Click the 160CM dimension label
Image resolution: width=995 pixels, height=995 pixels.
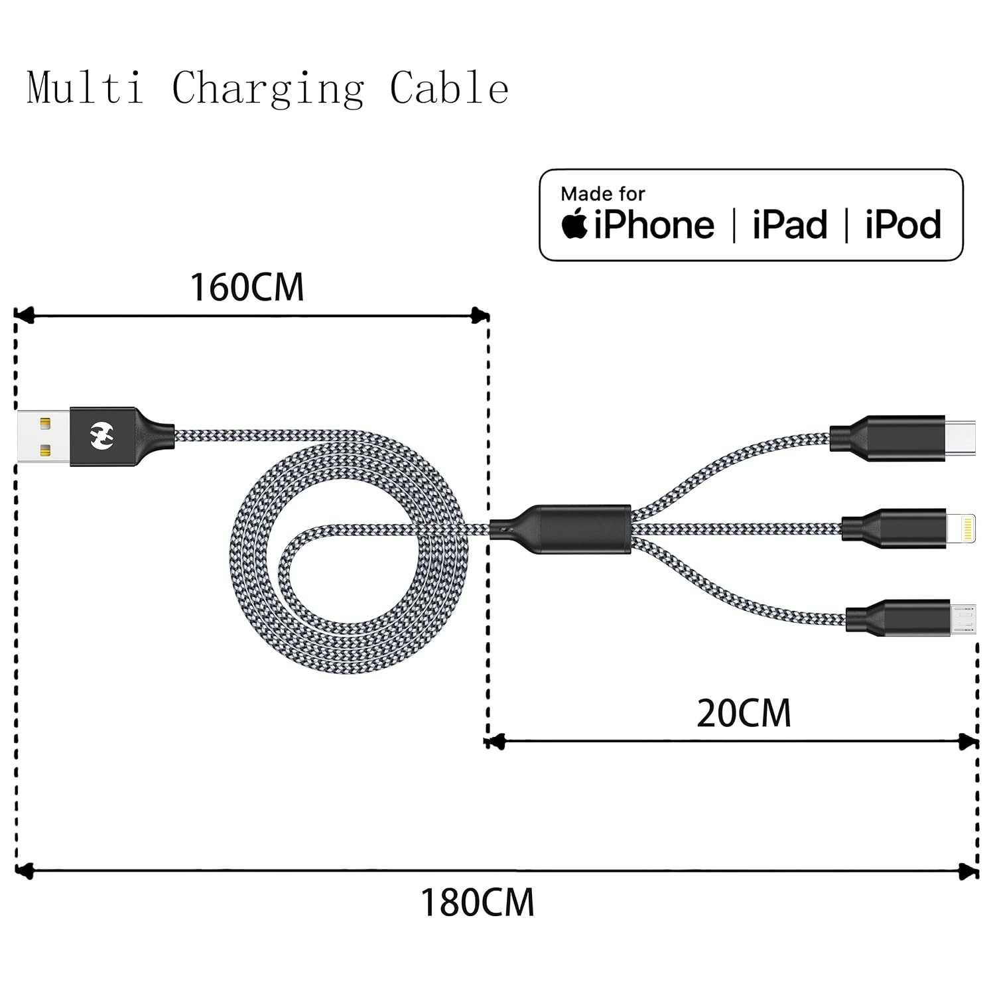click(x=247, y=287)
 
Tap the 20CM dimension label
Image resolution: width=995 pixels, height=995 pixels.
click(x=744, y=714)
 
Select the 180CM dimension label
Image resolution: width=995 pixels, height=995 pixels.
click(x=477, y=903)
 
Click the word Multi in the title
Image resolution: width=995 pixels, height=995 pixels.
click(x=86, y=88)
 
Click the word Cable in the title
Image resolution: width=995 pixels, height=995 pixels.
click(x=449, y=88)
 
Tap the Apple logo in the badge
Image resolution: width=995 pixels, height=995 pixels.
click(x=574, y=223)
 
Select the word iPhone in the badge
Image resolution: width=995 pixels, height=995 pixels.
click(x=654, y=224)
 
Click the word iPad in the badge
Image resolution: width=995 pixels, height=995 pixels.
click(x=790, y=224)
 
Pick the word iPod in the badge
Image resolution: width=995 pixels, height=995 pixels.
click(x=903, y=224)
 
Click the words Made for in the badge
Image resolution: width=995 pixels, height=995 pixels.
click(x=602, y=194)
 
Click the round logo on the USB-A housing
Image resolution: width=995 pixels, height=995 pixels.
click(x=102, y=436)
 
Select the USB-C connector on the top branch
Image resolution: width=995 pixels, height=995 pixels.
click(x=901, y=438)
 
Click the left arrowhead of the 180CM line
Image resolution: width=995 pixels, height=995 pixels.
click(x=24, y=870)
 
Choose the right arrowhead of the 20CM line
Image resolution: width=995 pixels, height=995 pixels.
click(x=969, y=742)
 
